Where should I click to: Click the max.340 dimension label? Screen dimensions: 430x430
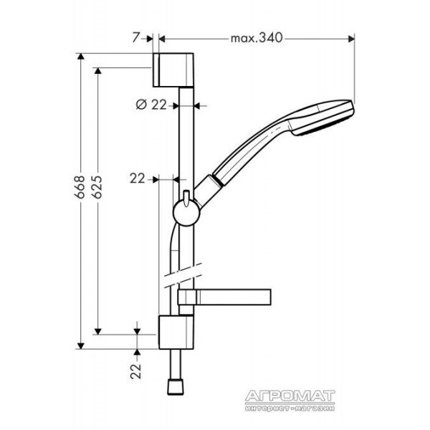[x=256, y=38]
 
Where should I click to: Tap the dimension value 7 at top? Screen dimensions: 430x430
[x=135, y=37]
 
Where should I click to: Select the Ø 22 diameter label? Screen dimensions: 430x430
[x=151, y=105]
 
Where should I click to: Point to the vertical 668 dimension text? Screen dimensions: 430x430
[x=80, y=187]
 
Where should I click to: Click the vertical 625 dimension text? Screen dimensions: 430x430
[x=97, y=187]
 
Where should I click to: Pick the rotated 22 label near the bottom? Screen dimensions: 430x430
[x=135, y=371]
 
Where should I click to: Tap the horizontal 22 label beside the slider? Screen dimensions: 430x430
[x=137, y=179]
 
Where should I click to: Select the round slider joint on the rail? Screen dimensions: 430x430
[x=187, y=213]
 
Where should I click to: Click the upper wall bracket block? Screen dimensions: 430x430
[x=173, y=70]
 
